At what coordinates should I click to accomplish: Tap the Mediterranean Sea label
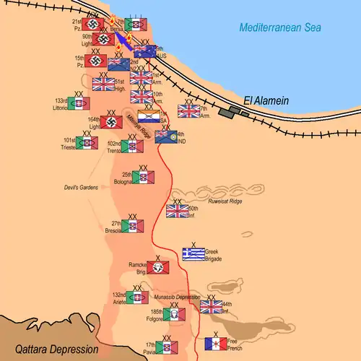[280, 28]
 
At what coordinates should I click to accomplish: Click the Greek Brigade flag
[193, 253]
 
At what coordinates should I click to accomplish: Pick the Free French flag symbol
[216, 343]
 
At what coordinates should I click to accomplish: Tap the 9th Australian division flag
[145, 51]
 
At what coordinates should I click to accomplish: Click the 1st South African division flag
[149, 116]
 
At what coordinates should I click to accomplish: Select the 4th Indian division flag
[166, 136]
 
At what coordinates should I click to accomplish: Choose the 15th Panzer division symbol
[96, 61]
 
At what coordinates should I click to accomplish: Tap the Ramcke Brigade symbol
[158, 268]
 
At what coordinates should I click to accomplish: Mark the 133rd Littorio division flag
[80, 104]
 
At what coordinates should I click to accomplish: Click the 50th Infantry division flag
[177, 210]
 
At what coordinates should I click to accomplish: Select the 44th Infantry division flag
[211, 307]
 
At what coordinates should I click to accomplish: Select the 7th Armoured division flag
[189, 110]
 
